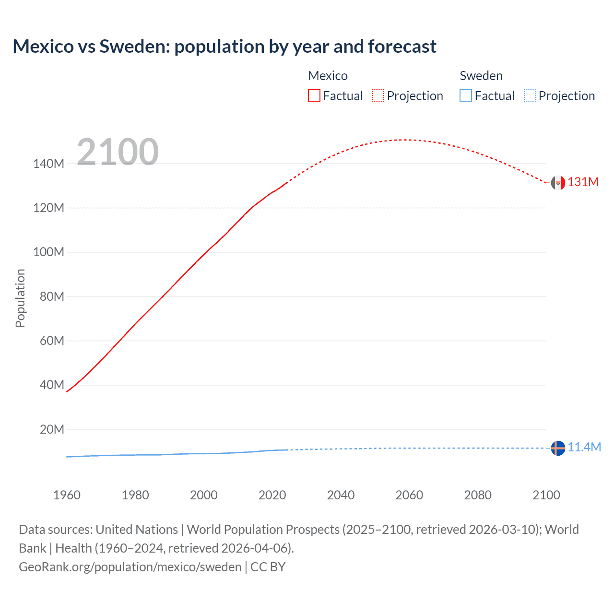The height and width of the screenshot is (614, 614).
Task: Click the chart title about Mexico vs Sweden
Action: (224, 47)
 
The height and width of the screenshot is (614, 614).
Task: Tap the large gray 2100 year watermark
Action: (118, 152)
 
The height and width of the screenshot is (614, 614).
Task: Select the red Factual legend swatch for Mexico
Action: (314, 96)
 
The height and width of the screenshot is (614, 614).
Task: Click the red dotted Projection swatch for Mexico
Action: (378, 96)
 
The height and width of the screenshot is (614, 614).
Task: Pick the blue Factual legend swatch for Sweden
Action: (465, 96)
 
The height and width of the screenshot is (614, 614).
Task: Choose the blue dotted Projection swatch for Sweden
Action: (530, 96)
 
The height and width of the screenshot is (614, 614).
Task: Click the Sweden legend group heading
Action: (481, 76)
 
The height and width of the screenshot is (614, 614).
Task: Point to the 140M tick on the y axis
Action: (48, 164)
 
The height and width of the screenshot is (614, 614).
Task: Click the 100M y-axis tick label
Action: (48, 252)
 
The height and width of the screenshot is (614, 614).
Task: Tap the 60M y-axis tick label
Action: (51, 341)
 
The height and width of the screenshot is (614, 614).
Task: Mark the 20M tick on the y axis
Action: (51, 429)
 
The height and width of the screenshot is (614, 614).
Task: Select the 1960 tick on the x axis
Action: (67, 495)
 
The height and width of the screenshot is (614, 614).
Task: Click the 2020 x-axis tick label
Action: (272, 495)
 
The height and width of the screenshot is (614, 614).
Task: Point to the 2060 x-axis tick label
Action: (409, 495)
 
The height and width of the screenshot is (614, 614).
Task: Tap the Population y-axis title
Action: (20, 298)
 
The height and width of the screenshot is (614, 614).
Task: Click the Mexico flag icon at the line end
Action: (558, 183)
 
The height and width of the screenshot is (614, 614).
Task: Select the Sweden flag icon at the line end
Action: (558, 448)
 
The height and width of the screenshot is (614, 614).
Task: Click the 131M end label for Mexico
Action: (583, 182)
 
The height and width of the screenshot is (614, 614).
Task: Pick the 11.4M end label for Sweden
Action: (584, 448)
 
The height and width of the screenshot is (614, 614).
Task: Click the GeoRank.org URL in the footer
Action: (130, 567)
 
